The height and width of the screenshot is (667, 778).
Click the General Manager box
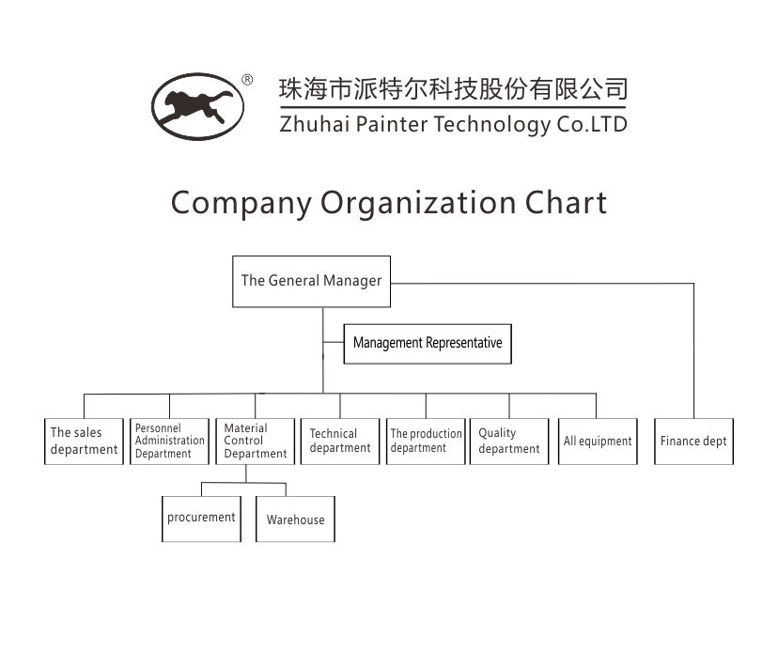coord(311,281)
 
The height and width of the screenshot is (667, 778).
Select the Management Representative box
coord(428,343)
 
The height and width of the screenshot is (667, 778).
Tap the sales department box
coord(84,441)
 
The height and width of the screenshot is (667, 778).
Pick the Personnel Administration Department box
coord(169,441)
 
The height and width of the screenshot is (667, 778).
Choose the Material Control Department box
coord(255,441)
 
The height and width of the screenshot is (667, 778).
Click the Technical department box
coord(339,441)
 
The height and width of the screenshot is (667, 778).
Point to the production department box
coord(426,441)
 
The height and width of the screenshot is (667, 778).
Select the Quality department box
coord(508,441)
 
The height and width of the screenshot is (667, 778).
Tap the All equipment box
coord(598,441)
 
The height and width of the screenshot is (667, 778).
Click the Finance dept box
coord(693,441)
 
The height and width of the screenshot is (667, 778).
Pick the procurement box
coord(201,519)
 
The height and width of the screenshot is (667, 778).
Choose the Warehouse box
coord(295,520)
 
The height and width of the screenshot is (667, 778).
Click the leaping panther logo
coord(197,106)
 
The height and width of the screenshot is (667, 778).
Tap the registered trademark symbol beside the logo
coord(247,80)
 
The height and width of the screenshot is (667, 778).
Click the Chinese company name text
coord(453,89)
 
